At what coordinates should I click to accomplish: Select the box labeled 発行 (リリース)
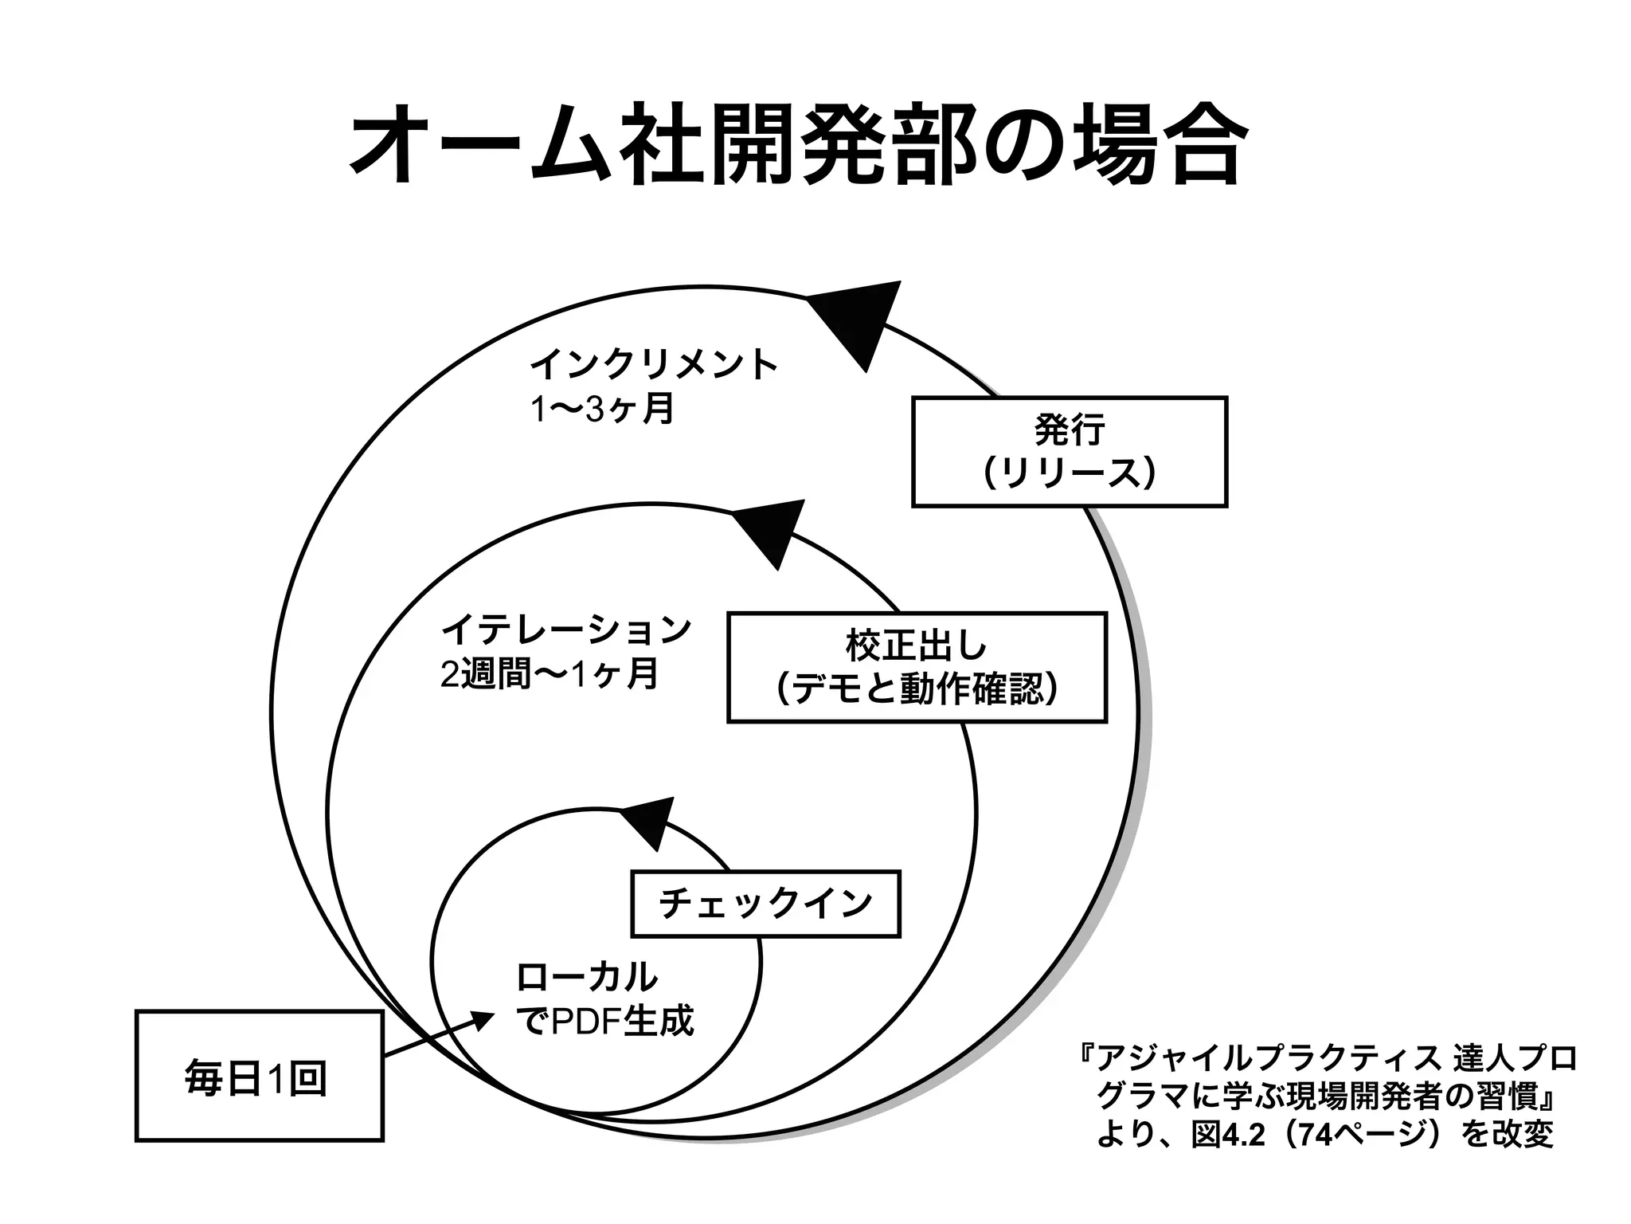click(x=1069, y=452)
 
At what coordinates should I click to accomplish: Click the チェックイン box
click(x=765, y=904)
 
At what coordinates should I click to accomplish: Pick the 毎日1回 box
click(x=259, y=1076)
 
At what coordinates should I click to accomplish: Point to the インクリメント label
click(x=653, y=365)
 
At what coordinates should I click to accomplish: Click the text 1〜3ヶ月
click(x=603, y=410)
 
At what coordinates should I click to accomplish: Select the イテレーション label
click(x=566, y=630)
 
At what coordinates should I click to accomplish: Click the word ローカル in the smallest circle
click(x=588, y=977)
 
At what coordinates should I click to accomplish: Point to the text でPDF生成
click(x=605, y=1022)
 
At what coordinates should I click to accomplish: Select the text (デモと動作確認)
click(x=917, y=689)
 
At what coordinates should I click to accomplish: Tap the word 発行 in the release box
click(x=1069, y=430)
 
